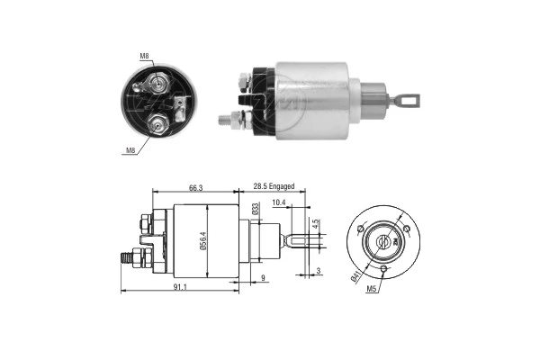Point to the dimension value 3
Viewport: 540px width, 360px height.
pos(319,270)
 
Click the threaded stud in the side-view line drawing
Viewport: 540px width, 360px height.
pos(127,256)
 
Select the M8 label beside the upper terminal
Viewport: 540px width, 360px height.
pos(144,56)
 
